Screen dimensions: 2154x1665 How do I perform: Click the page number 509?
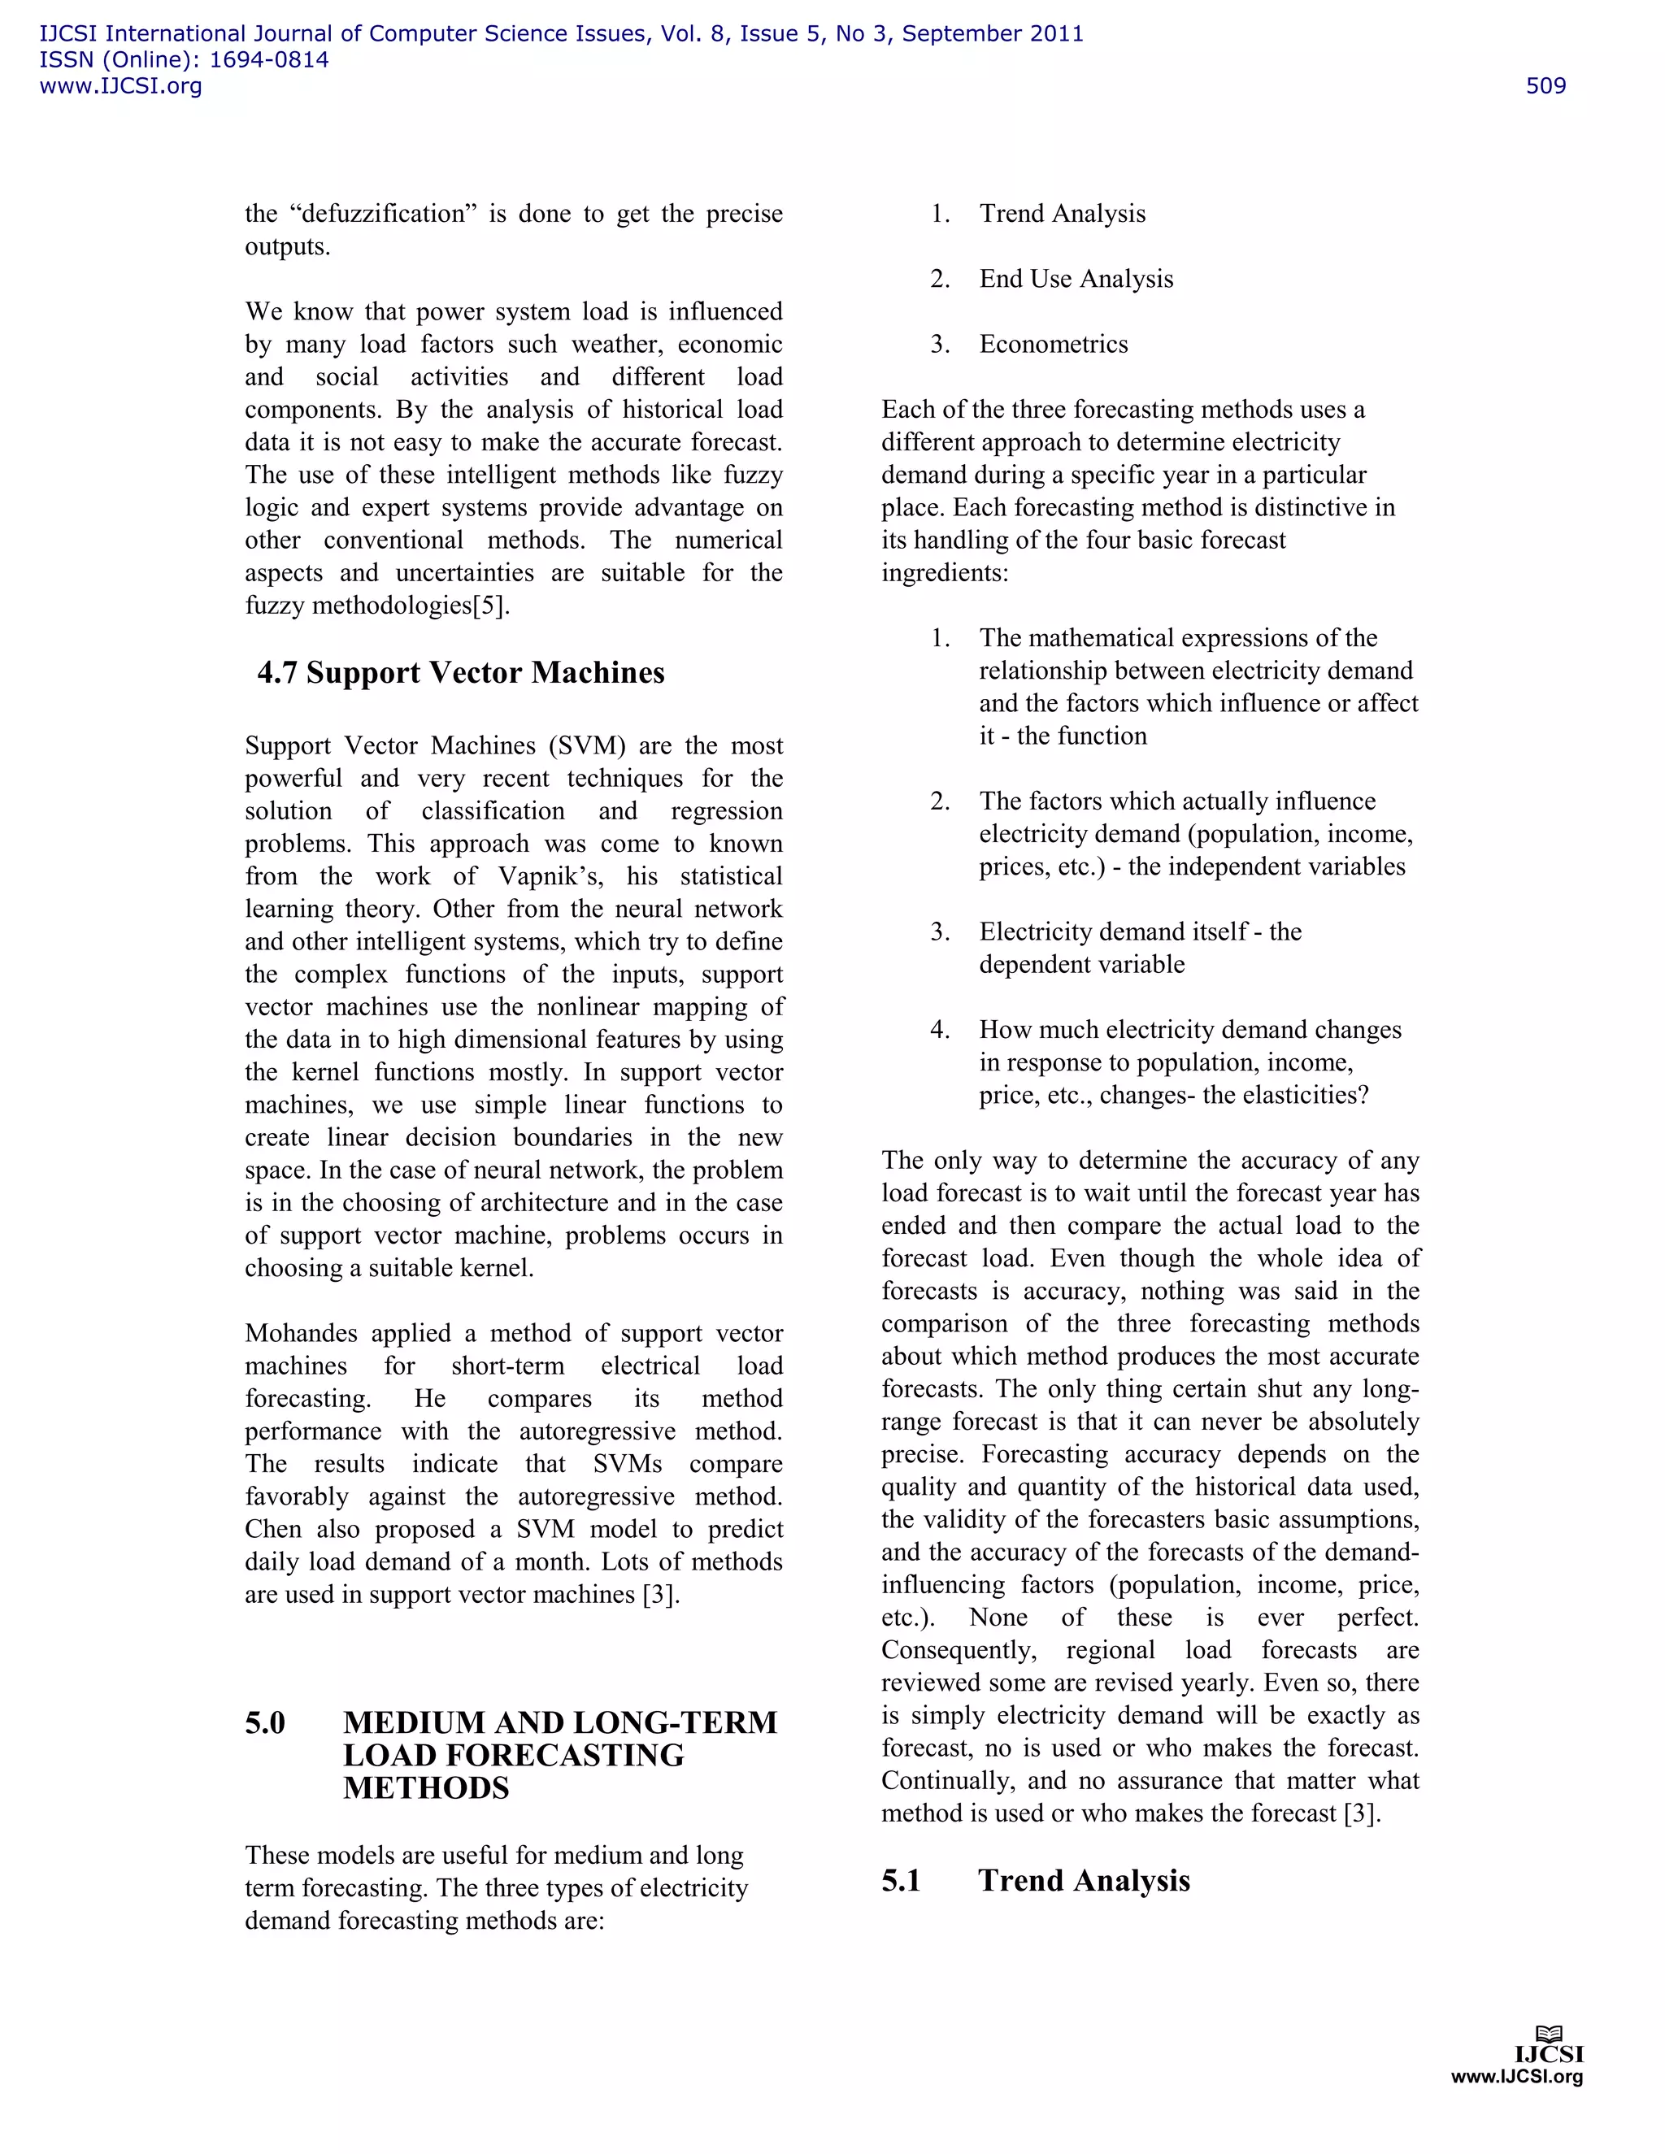tap(1545, 86)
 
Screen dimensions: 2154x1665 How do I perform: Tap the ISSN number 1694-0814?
tap(269, 60)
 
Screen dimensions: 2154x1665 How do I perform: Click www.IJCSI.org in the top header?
tap(120, 86)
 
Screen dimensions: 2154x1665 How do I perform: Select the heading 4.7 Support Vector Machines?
tap(461, 673)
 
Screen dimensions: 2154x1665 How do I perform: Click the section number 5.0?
tap(265, 1722)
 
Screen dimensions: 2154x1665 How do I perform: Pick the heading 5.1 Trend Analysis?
tap(1036, 1880)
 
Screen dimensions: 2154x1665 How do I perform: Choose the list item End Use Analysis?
tap(1076, 279)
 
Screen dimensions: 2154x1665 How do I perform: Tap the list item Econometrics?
tap(1054, 344)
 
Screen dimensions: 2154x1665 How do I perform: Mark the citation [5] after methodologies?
tap(490, 606)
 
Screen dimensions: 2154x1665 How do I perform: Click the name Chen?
tap(273, 1529)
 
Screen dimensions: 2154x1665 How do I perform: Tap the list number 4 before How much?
tap(939, 1030)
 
